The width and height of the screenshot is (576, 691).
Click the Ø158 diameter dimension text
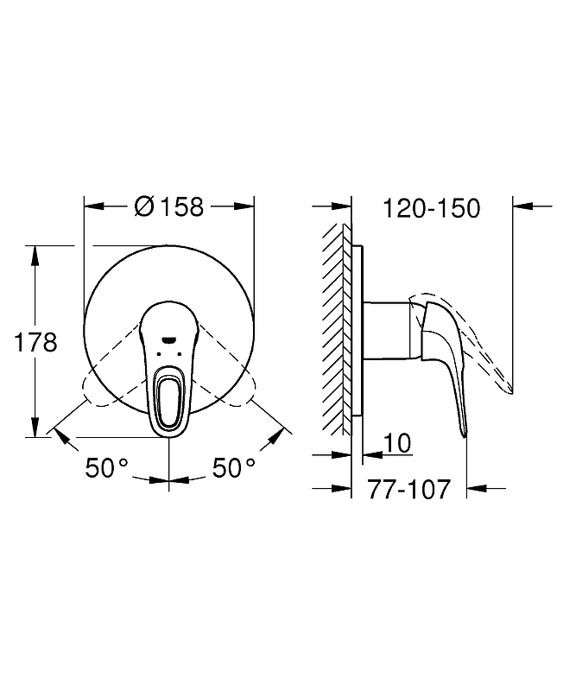(x=169, y=206)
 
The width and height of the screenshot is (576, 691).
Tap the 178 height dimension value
(x=35, y=342)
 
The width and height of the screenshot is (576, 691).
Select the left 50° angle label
(x=106, y=467)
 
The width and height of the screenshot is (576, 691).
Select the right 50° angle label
(x=234, y=467)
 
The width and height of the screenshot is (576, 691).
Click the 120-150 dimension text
(x=432, y=208)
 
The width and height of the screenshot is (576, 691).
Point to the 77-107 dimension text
(x=409, y=489)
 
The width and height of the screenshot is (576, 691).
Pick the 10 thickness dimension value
(x=397, y=443)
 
